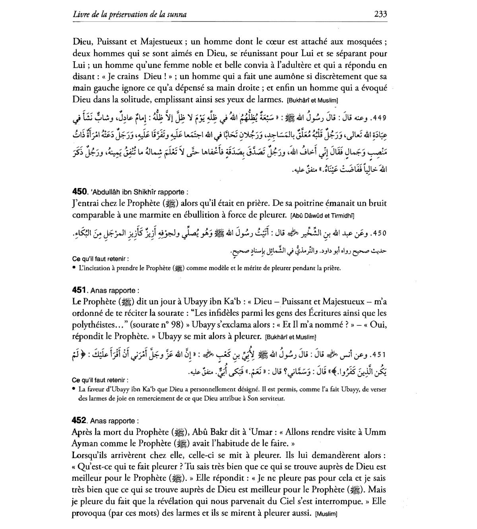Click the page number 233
[380, 14]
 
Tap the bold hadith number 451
[79, 290]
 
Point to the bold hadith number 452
[79, 420]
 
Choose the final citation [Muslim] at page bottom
[326, 514]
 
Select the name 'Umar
[262, 432]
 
